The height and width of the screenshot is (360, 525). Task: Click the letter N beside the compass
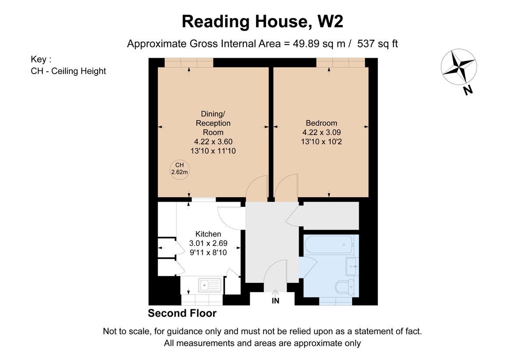tap(468, 91)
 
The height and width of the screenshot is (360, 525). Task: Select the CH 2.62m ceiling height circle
tap(179, 168)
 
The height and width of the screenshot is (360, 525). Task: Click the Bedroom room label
tap(322, 123)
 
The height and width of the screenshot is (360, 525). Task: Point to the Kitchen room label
tap(208, 234)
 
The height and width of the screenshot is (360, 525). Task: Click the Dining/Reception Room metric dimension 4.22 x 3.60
tap(213, 141)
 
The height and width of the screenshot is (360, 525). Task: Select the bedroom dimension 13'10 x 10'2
tap(322, 141)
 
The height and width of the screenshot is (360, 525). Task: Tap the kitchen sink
tap(210, 286)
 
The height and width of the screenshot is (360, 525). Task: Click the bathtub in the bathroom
tap(328, 244)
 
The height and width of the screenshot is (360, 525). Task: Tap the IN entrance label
tap(276, 301)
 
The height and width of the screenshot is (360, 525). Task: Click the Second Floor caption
tap(182, 313)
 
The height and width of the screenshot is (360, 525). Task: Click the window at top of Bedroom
tap(340, 63)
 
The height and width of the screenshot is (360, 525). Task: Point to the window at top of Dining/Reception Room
tap(189, 63)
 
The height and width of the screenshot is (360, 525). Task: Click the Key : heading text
tap(41, 59)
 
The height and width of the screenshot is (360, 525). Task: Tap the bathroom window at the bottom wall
tap(336, 301)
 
